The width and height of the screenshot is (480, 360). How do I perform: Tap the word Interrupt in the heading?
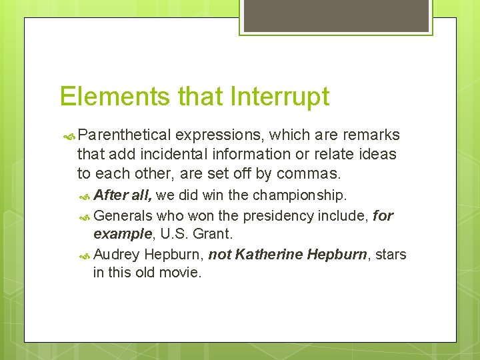point(279,97)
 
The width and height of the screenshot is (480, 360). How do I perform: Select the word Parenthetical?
point(127,135)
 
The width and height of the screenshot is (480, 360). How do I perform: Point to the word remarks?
point(371,135)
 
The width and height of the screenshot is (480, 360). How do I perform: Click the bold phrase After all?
point(123,195)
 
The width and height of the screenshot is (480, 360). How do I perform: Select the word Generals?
point(123,216)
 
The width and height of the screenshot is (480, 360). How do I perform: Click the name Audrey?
point(117,255)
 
